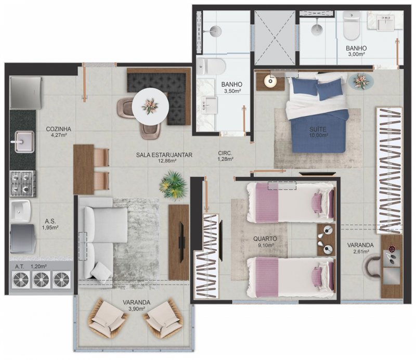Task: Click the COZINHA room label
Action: pos(58,129)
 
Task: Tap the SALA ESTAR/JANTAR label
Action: pos(164,155)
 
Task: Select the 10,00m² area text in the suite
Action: pos(318,135)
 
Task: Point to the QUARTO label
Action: pos(265,239)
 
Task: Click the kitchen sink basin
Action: pos(24,142)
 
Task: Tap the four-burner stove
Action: pos(23,184)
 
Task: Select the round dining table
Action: pos(150,106)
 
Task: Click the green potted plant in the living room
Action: pos(173,185)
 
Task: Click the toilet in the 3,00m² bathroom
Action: pos(352,25)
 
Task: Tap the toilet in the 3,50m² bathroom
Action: pos(212,67)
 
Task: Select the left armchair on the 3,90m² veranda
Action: pos(108,318)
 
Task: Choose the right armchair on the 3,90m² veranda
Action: pos(163,318)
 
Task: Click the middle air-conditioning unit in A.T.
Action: pos(41,279)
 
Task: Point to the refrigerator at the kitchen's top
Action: pos(25,93)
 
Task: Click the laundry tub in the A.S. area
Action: pos(21,211)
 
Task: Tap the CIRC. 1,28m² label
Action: pos(225,156)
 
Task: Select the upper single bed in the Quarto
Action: pos(291,202)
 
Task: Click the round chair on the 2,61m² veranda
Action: pos(372,266)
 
